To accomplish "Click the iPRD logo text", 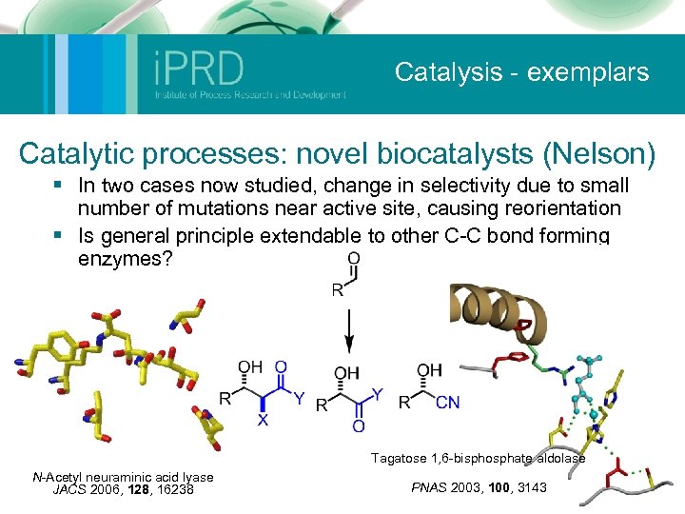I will [x=199, y=69].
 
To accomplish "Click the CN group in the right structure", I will [x=447, y=403].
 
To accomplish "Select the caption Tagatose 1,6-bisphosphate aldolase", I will [x=479, y=459].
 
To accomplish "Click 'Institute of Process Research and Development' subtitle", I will [x=249, y=94].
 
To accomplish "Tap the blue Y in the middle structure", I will [x=378, y=392].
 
